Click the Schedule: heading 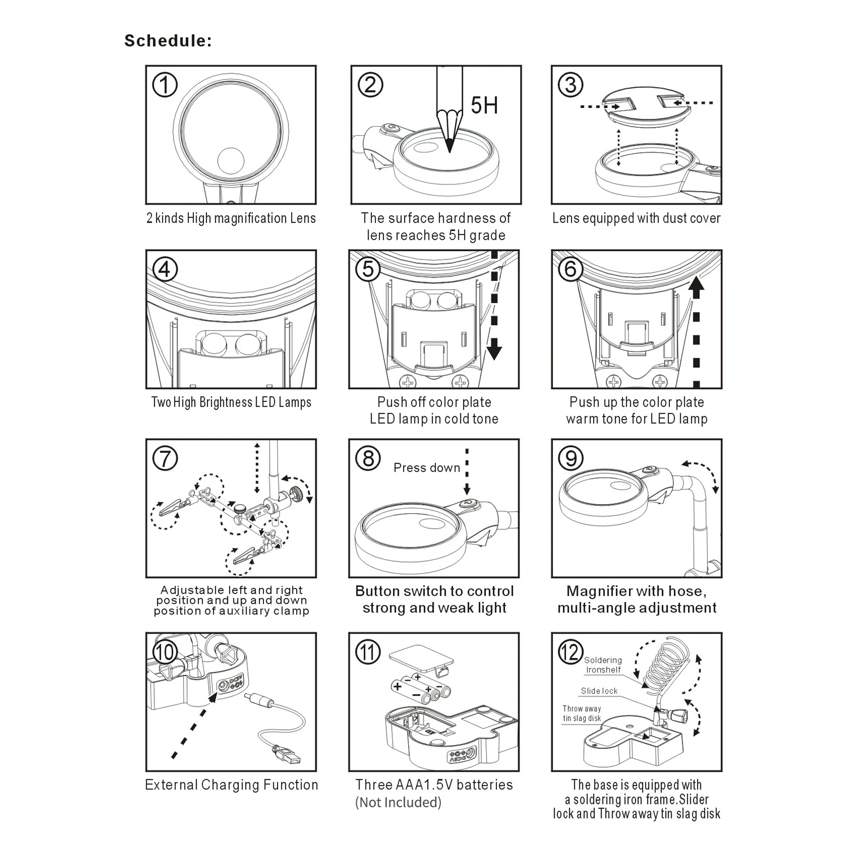[x=168, y=41]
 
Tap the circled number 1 [x=165, y=85]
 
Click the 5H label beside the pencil [x=484, y=105]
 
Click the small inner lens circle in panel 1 [x=231, y=162]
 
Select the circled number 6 [x=570, y=269]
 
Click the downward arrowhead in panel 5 [x=495, y=350]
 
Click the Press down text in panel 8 [x=427, y=468]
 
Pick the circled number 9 [x=570, y=458]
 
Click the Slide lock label [x=599, y=691]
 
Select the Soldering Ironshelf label [x=603, y=665]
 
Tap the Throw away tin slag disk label [x=582, y=713]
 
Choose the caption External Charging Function [x=232, y=785]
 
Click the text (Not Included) [x=399, y=802]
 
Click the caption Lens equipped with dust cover [x=637, y=218]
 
